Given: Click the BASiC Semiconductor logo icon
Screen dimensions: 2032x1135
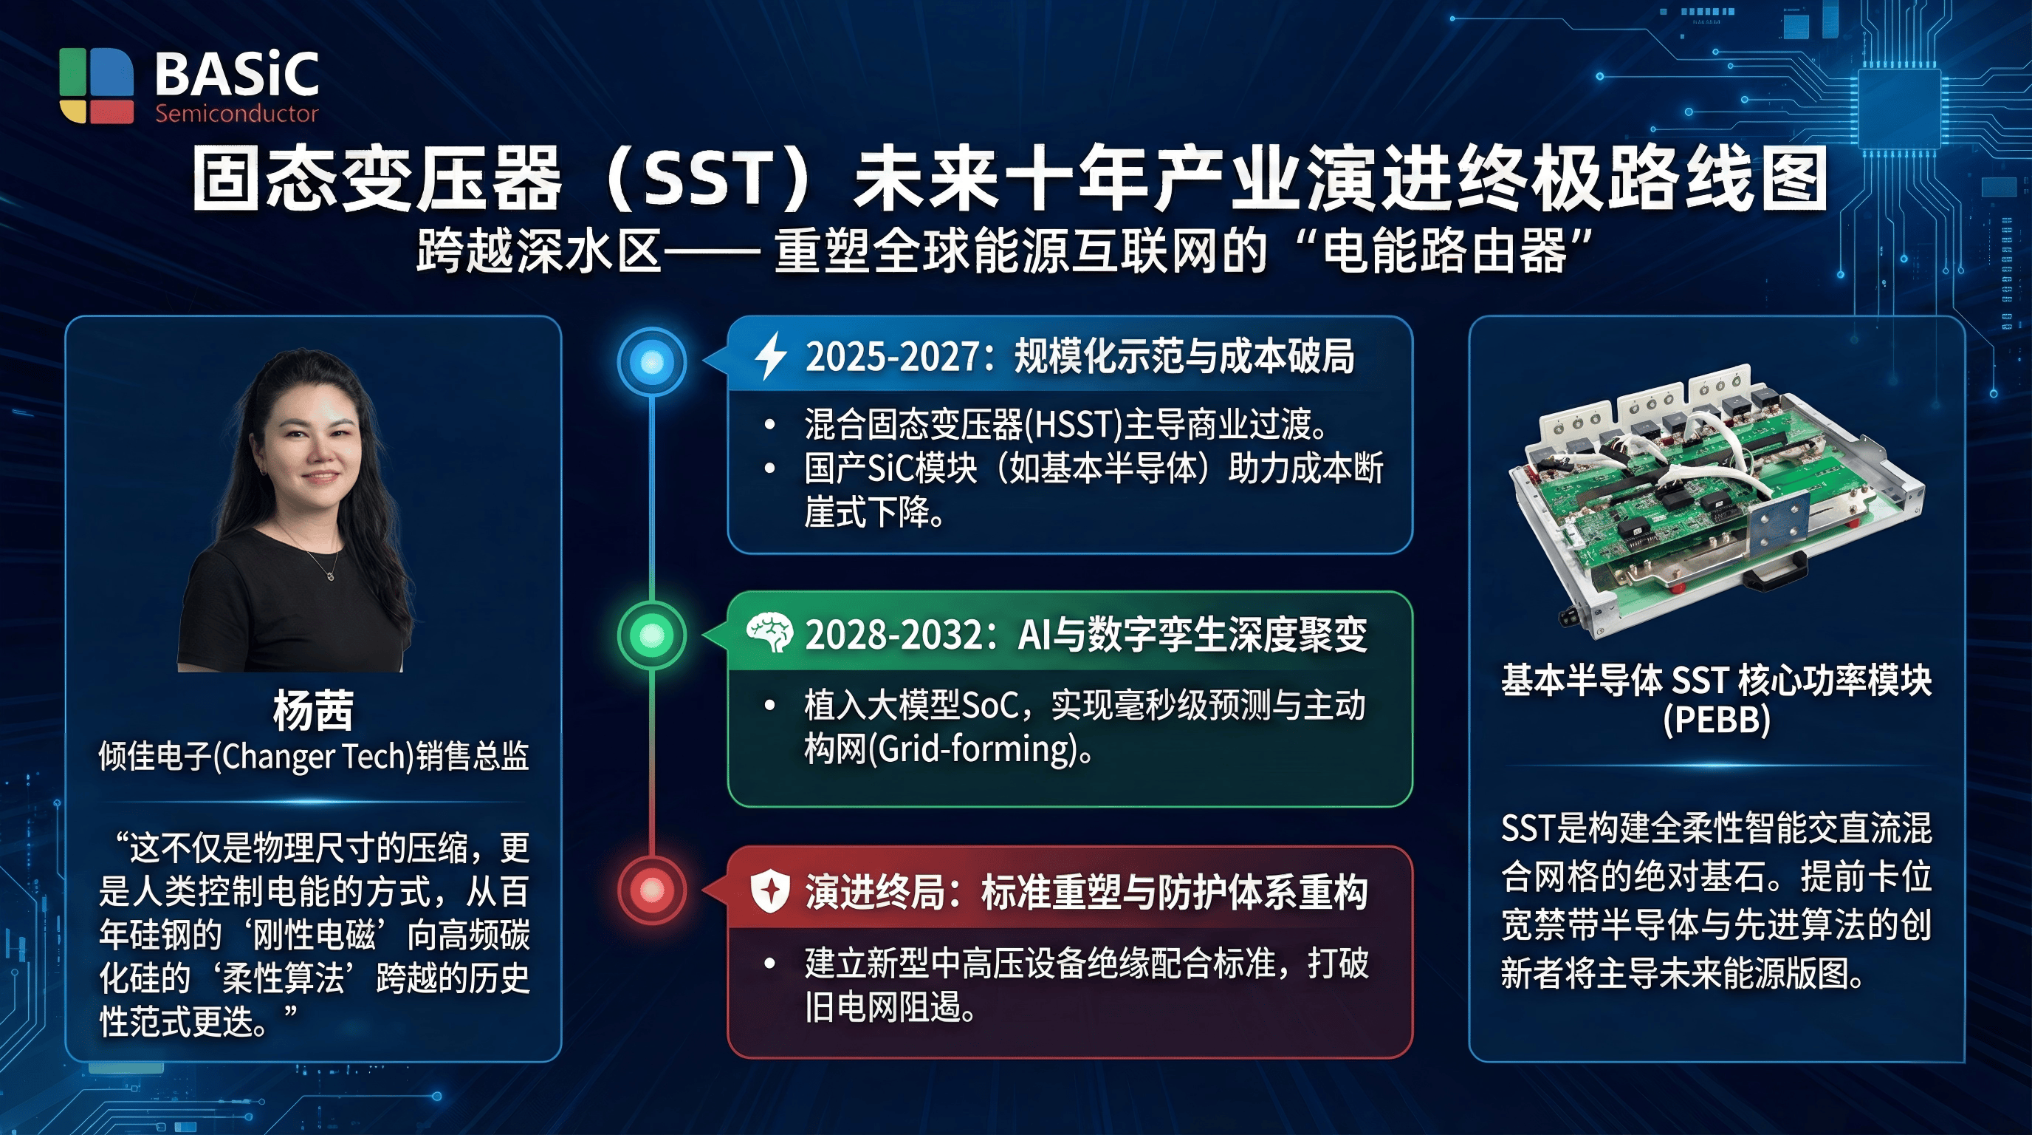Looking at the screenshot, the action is [x=97, y=85].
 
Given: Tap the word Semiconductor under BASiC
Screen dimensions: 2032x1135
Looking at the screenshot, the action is [x=236, y=114].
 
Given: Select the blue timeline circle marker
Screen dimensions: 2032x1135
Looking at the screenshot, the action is [x=651, y=362].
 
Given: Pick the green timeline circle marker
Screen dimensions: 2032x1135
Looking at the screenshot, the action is [x=651, y=635].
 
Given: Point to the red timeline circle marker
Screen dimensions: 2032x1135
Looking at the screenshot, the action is [x=651, y=890].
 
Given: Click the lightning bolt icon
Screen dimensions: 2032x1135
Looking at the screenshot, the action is [x=771, y=356].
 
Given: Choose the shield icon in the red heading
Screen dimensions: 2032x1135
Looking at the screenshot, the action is [x=770, y=891].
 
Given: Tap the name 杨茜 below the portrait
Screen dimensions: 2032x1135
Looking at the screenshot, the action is [x=313, y=710].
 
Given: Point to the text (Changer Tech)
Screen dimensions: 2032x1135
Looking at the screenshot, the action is [x=313, y=756].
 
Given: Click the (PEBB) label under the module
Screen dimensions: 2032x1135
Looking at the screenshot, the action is [x=1717, y=720].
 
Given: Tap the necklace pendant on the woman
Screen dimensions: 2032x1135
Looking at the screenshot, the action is [x=331, y=576].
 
